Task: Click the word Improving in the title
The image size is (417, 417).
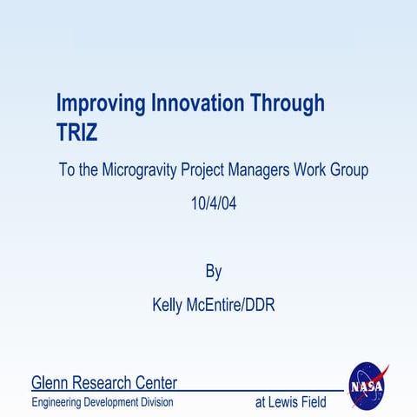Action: [101, 104]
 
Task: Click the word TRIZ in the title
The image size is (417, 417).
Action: [77, 133]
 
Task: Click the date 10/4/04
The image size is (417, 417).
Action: [213, 205]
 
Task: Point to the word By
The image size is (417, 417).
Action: [213, 272]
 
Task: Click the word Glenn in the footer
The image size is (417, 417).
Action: [50, 382]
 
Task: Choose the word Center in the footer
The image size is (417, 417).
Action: [157, 382]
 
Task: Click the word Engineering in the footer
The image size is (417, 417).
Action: [57, 402]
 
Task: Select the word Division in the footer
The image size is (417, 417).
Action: [158, 402]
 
